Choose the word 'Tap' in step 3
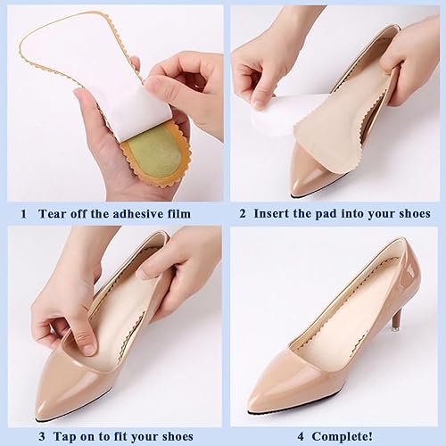pyautogui.click(x=64, y=438)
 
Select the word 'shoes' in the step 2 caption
pyautogui.click(x=412, y=214)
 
